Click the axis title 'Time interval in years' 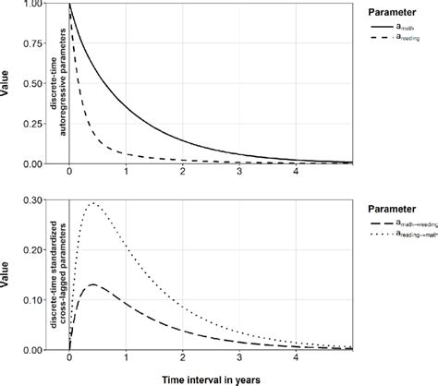[x=201, y=379]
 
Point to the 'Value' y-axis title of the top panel [x=6, y=83]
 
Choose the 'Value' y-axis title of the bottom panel [x=6, y=273]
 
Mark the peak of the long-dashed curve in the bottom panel [x=92, y=284]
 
